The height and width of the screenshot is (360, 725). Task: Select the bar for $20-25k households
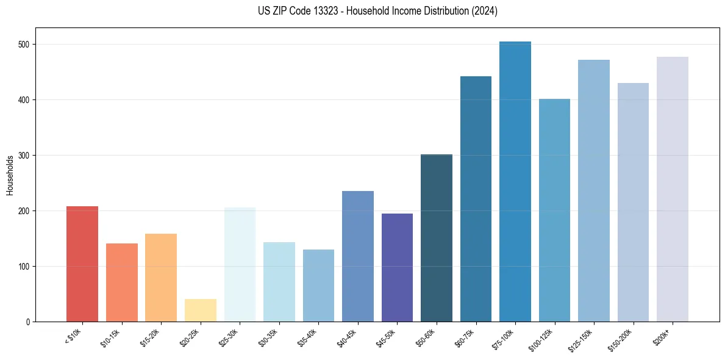(200, 310)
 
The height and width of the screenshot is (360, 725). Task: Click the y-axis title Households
(10, 175)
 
